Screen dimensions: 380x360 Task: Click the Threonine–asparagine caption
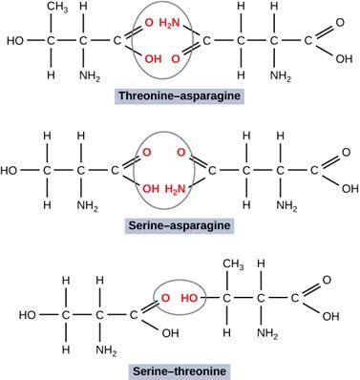click(x=180, y=96)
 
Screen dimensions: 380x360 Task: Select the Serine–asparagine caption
click(x=180, y=225)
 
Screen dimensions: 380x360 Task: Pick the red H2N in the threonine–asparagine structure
click(x=170, y=22)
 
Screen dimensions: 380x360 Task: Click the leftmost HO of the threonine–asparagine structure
click(x=15, y=42)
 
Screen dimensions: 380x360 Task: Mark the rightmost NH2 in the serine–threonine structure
click(x=268, y=332)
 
